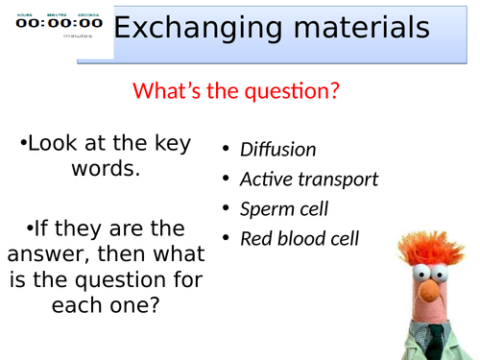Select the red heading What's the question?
237,91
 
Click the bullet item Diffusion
277,150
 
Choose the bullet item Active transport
308,180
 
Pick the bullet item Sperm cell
285,208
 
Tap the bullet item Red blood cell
299,238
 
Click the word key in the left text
167,144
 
